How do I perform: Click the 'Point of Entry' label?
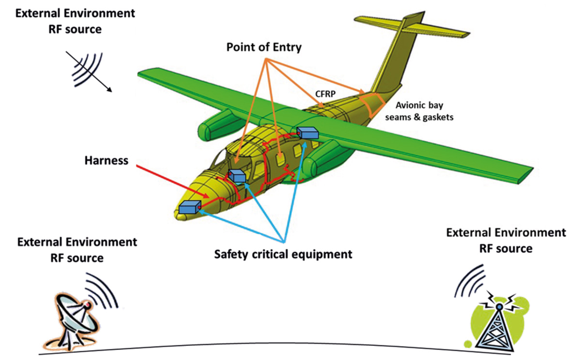(264, 47)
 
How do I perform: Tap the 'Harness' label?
(107, 161)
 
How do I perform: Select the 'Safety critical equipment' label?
(283, 254)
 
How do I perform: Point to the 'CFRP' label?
(325, 93)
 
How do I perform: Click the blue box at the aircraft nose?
(190, 208)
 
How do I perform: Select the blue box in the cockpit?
(237, 176)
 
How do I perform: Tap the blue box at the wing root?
(307, 133)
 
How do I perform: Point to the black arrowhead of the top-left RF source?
(109, 90)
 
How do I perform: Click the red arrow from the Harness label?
(172, 181)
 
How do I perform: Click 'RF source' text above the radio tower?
(506, 249)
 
